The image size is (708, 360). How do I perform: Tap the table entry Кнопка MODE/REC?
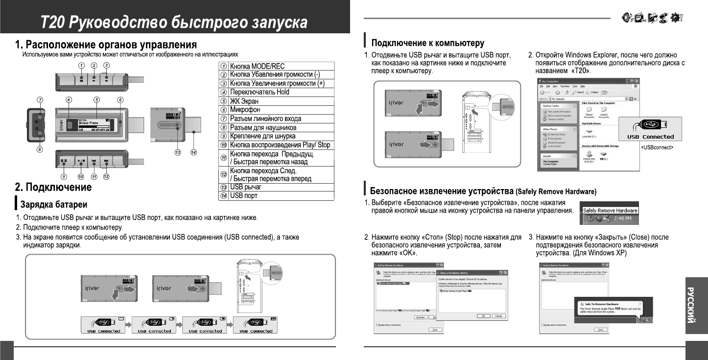pos(257,66)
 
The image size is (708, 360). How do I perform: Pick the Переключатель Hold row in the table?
pos(260,92)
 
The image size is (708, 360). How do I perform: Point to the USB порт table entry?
pos(244,195)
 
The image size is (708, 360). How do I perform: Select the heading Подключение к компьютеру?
pos(428,43)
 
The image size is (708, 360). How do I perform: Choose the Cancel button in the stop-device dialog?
pos(498,316)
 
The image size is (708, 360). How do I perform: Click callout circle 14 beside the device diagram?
pos(194,153)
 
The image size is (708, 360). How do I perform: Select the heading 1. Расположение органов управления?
pos(106,45)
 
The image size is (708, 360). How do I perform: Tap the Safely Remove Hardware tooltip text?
pos(610,210)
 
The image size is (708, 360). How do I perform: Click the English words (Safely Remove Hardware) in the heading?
pos(556,191)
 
